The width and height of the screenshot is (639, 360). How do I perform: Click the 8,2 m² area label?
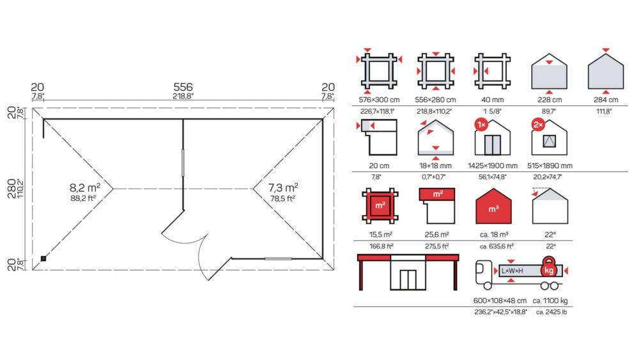(x=85, y=187)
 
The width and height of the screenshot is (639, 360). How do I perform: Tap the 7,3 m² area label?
(x=283, y=187)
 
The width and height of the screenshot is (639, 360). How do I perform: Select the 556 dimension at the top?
(x=183, y=87)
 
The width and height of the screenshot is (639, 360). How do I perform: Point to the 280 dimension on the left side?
(x=12, y=189)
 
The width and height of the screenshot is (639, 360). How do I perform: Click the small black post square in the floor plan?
(x=43, y=258)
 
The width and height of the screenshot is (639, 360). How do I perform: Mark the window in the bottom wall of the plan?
(x=279, y=258)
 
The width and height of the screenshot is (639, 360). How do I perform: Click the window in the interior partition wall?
(x=183, y=162)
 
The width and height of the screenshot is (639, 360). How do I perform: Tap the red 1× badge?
(x=481, y=124)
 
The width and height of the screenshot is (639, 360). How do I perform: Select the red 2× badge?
(x=538, y=124)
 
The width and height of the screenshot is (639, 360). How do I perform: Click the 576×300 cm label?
(x=379, y=100)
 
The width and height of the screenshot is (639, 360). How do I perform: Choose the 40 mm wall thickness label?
(x=492, y=100)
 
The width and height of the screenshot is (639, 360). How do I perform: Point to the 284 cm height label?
(x=606, y=100)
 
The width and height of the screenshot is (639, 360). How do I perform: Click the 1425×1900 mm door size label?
(x=492, y=166)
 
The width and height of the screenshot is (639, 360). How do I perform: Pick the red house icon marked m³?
(x=493, y=206)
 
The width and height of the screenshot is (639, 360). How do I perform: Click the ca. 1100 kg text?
(x=550, y=301)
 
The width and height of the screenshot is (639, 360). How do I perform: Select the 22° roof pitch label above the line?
(x=550, y=235)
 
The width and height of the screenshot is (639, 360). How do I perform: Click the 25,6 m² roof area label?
(x=436, y=235)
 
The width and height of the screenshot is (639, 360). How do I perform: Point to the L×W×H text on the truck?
(x=512, y=270)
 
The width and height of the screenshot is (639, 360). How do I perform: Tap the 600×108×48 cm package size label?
(x=500, y=301)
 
